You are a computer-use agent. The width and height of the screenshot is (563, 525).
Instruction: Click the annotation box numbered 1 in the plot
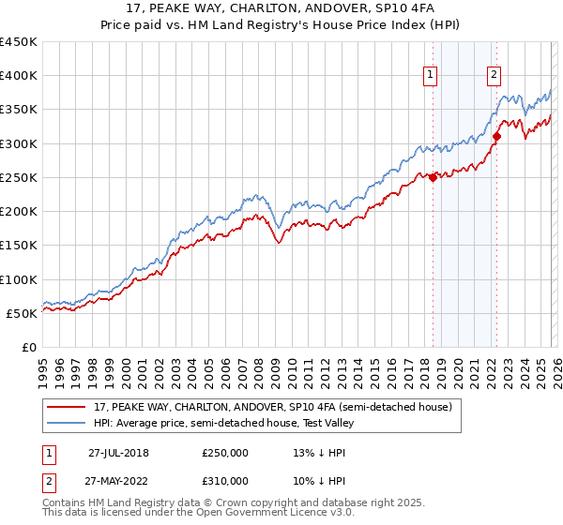[x=430, y=76]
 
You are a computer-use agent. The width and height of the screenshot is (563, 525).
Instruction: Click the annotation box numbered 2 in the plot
[x=494, y=76]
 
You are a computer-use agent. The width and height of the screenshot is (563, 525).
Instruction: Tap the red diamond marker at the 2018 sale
[x=433, y=177]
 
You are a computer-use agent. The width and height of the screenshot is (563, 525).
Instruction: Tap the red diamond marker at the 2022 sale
[x=496, y=137]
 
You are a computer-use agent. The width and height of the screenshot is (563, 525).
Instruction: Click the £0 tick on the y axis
[x=30, y=347]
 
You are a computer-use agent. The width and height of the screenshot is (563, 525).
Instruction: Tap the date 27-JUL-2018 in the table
[x=118, y=452]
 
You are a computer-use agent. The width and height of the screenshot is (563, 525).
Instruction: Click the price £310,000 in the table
[x=225, y=480]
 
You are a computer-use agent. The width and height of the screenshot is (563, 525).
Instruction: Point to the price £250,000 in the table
[x=225, y=452]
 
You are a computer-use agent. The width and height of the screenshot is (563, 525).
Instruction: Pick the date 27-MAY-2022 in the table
[x=118, y=480]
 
